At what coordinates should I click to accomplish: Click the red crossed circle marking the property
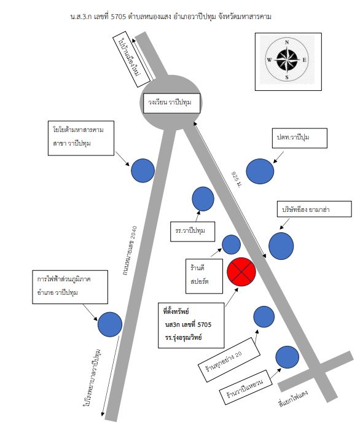[x=241, y=272]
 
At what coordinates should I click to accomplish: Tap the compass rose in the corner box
[x=287, y=60]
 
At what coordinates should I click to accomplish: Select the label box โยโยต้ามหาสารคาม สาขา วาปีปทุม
[x=81, y=138]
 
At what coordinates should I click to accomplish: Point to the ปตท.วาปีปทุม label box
[x=299, y=138]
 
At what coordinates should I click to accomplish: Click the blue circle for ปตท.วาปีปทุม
[x=260, y=171]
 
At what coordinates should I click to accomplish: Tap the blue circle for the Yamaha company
[x=281, y=246]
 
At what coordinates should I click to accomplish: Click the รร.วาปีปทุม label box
[x=192, y=232]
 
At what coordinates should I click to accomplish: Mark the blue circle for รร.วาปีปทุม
[x=203, y=199]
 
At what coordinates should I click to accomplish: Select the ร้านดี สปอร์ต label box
[x=204, y=276]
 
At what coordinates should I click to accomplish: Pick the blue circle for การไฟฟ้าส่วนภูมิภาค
[x=110, y=324]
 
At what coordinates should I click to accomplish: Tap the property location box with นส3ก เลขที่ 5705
[x=191, y=325]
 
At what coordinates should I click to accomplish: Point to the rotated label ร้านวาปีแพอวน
[x=246, y=387]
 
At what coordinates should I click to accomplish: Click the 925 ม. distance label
[x=237, y=179]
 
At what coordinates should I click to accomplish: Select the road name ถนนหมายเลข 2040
[x=130, y=250]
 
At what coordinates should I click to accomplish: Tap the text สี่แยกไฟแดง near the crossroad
[x=293, y=398]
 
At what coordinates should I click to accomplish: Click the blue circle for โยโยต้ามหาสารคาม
[x=143, y=171]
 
